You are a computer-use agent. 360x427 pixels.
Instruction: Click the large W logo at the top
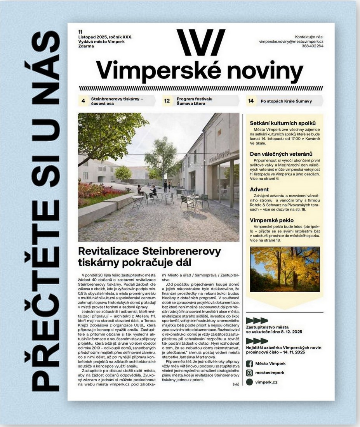pyautogui.click(x=200, y=42)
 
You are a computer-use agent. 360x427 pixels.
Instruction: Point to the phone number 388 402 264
pyautogui.click(x=313, y=46)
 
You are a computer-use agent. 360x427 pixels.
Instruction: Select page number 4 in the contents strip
pyautogui.click(x=83, y=101)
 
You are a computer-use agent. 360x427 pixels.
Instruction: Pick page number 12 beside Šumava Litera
pyautogui.click(x=167, y=101)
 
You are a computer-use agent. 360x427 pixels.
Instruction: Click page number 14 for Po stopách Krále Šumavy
pyautogui.click(x=251, y=101)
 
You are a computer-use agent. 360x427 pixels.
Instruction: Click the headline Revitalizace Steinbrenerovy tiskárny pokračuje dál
pyautogui.click(x=149, y=256)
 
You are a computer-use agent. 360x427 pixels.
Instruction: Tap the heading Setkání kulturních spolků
pyautogui.click(x=285, y=123)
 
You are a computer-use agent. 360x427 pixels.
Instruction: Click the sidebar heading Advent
pyautogui.click(x=259, y=189)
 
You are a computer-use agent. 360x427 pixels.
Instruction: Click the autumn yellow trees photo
pyautogui.click(x=285, y=269)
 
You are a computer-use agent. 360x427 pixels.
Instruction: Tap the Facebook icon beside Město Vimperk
pyautogui.click(x=249, y=364)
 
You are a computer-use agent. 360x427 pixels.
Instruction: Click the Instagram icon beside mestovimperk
pyautogui.click(x=249, y=373)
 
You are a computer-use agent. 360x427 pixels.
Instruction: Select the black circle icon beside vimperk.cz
pyautogui.click(x=249, y=382)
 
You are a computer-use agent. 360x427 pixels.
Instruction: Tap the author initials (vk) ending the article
pyautogui.click(x=236, y=384)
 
